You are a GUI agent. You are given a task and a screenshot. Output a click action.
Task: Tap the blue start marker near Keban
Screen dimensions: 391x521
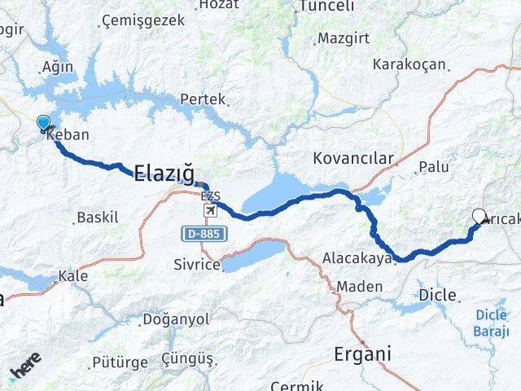[43, 124]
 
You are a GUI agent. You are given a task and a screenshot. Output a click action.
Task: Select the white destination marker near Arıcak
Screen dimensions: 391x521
[479, 217]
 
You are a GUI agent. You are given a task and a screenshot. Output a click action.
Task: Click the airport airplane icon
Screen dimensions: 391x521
[211, 211]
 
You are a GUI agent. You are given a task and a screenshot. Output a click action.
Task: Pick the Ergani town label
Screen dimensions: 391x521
[361, 354]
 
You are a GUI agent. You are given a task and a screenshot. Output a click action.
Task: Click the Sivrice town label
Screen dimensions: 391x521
[196, 264]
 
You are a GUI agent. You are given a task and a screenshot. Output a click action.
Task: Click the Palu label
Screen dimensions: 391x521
[433, 167]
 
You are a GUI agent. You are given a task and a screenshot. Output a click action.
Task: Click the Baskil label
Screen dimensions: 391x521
[97, 217]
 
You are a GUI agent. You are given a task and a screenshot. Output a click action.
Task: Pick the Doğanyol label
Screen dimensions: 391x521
[175, 319]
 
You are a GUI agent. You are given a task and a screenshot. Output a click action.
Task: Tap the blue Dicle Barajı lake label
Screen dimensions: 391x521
[490, 323]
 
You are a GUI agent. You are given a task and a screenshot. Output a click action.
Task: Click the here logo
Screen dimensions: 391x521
[27, 369]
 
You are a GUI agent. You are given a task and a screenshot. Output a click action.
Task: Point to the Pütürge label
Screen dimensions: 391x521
[120, 362]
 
